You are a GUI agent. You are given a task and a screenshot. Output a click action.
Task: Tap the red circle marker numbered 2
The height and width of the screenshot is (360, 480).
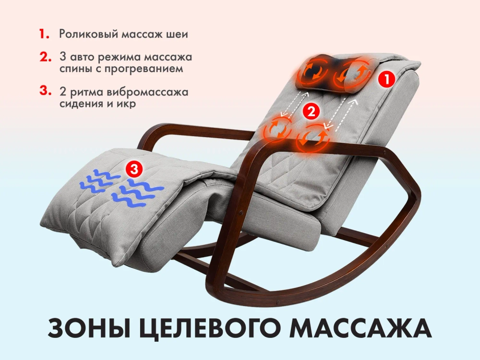pos(311,112)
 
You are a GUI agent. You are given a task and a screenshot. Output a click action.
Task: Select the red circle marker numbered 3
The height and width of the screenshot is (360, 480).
pos(134,169)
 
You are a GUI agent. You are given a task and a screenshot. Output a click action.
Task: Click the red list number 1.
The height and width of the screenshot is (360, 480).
pos(44,35)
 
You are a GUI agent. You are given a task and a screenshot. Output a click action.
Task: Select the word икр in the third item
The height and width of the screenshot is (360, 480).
pos(127,104)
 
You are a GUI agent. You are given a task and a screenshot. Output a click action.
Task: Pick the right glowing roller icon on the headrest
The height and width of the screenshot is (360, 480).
pos(354,73)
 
